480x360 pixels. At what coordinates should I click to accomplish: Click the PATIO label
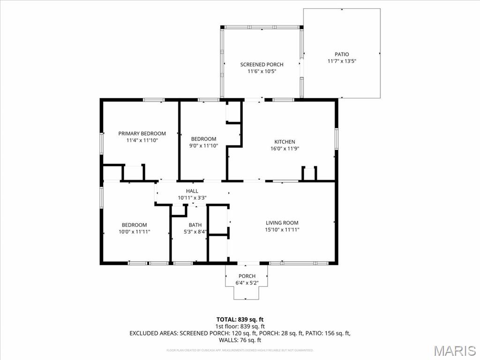[341, 54]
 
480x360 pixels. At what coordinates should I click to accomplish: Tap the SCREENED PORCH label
[262, 65]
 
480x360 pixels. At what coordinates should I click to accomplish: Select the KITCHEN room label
[285, 142]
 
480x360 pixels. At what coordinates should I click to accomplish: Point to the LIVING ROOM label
[282, 223]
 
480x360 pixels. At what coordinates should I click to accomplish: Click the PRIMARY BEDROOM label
[142, 134]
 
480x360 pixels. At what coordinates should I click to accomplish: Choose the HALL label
[192, 191]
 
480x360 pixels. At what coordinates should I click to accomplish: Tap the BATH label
[195, 225]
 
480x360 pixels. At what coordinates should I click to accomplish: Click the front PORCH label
[247, 276]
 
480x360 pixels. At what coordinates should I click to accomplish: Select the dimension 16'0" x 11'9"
[285, 149]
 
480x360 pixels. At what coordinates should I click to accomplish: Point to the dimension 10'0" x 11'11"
[134, 232]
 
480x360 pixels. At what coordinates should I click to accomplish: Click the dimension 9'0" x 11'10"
[203, 145]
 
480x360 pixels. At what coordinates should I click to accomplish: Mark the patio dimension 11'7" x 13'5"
[341, 61]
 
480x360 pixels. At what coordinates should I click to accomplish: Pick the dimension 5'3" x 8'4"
[195, 232]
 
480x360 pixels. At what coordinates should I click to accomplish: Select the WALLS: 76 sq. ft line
[240, 340]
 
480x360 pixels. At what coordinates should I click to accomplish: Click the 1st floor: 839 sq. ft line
[240, 326]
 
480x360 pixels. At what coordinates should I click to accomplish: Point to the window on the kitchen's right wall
[336, 139]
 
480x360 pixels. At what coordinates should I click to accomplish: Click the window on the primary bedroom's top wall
[153, 100]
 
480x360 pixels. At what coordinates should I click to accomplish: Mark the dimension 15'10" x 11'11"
[282, 230]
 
